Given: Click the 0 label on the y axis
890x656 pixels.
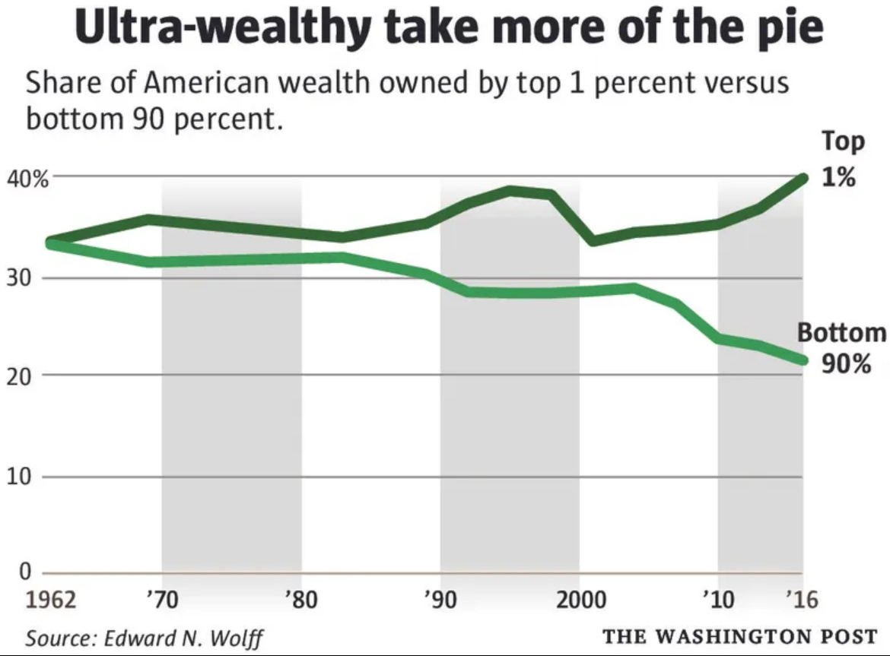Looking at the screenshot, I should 25,572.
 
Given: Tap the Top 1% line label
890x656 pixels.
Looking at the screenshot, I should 842,160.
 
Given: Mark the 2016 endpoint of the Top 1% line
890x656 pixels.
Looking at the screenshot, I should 803,179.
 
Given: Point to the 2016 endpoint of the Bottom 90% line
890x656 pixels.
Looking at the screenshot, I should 803,360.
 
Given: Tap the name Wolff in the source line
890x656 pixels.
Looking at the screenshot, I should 240,637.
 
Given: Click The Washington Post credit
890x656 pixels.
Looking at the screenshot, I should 740,635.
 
